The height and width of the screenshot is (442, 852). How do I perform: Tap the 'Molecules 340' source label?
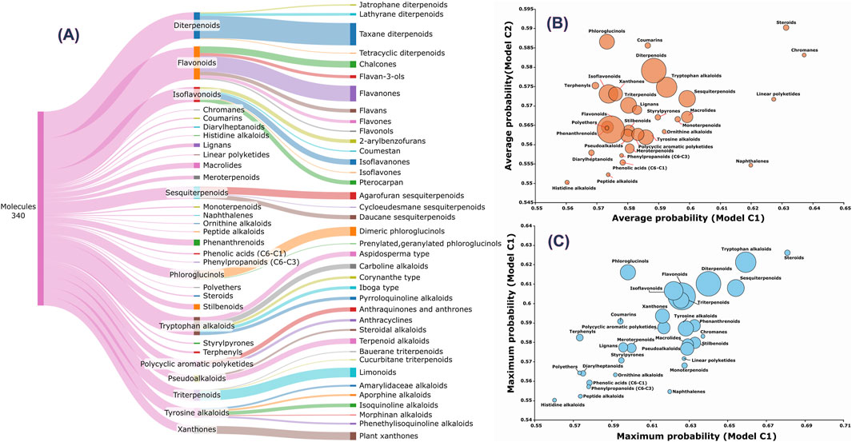click(x=18, y=210)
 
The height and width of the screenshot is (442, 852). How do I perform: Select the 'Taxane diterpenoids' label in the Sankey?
click(x=401, y=34)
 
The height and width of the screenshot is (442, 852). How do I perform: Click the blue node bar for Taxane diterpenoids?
click(x=353, y=34)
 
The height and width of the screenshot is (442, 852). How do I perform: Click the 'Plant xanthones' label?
click(x=392, y=436)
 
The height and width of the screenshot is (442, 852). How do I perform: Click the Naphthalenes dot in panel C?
click(x=670, y=391)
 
